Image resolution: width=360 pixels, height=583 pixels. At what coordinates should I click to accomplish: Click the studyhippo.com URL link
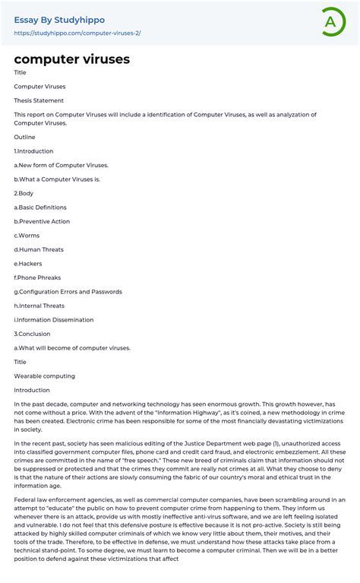coord(77,33)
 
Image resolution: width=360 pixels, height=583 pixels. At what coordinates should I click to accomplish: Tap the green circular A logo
coord(330,22)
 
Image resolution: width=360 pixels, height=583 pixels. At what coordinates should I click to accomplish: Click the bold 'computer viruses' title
coord(71,59)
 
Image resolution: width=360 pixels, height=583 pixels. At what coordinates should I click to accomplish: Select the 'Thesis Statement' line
coord(39,100)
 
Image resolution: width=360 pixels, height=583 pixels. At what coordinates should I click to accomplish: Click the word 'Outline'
coord(24,137)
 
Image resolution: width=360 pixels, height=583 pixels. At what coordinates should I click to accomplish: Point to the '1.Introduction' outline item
coord(33,151)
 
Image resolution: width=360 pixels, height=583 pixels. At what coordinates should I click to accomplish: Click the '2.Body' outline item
coord(24,193)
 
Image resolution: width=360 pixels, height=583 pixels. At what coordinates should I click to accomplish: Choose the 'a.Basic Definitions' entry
coord(40,208)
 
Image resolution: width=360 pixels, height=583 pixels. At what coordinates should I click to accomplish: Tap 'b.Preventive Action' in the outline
coord(42,221)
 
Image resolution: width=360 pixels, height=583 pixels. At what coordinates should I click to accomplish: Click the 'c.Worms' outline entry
coord(27,236)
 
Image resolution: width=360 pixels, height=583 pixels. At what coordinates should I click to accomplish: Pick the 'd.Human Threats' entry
coord(39,249)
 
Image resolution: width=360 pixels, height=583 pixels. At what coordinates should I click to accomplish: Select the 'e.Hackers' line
coord(29,264)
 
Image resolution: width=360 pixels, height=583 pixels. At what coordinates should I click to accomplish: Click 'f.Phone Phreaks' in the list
coord(37,277)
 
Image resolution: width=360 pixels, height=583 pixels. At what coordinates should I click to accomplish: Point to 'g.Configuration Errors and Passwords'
coord(68,292)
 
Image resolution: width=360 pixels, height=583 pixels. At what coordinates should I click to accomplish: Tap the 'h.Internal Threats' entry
coord(39,306)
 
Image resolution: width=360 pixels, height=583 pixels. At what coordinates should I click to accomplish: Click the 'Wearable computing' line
coord(44,376)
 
